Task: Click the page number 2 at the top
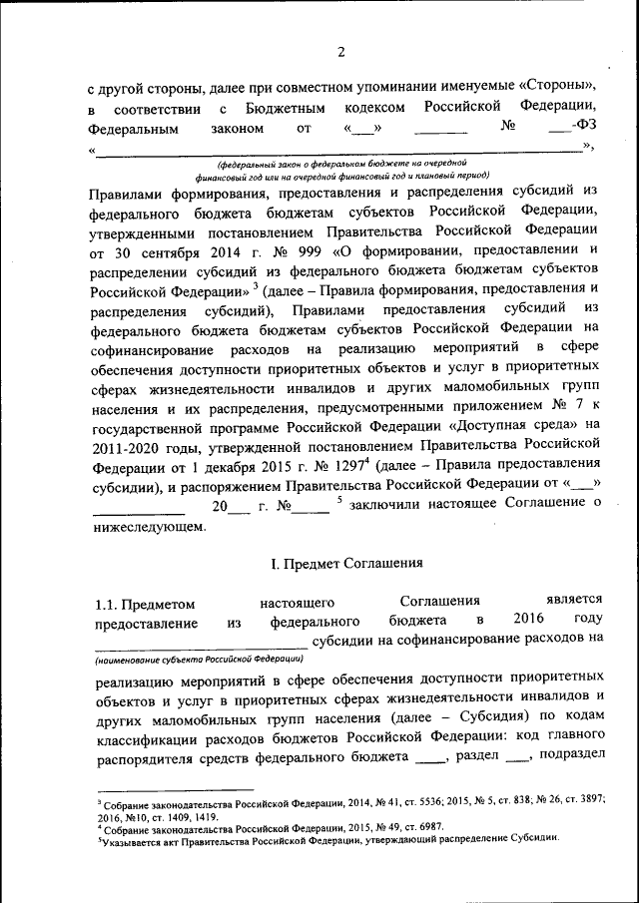tap(340, 53)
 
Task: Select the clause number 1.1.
tap(106, 602)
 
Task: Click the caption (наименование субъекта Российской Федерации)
tap(201, 660)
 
